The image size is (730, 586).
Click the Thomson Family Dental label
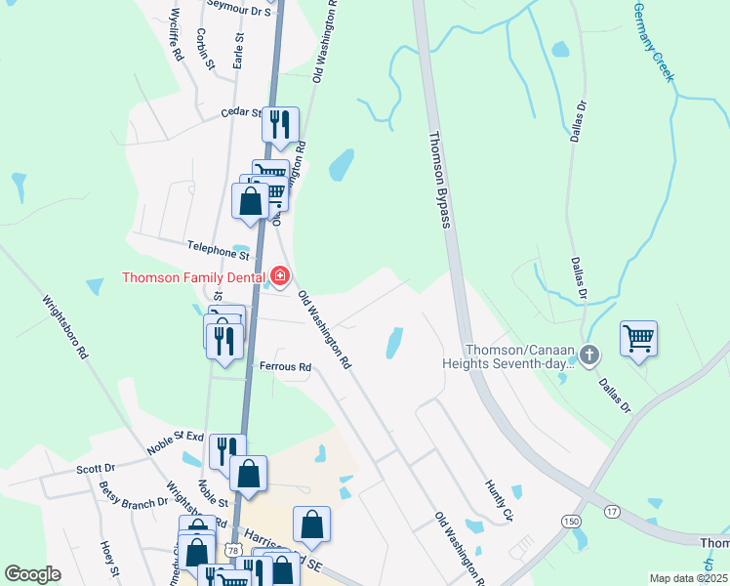193,277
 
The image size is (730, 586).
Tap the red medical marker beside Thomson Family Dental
280,277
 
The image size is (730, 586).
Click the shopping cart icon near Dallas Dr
638,339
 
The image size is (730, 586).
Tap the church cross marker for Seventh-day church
588,356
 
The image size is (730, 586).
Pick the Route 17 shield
612,511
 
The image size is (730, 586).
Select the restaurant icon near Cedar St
280,124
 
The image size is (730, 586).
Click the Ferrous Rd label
285,367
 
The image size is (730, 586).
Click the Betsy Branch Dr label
133,488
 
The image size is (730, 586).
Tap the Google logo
32,574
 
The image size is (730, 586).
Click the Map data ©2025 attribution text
687,578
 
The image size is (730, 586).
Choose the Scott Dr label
95,469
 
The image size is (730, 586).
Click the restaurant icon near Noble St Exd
226,450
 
